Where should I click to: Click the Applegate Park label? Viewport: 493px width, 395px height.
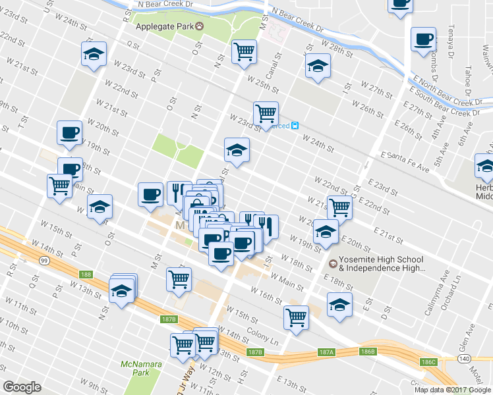click(164, 26)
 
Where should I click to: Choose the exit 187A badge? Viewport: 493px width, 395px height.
click(328, 353)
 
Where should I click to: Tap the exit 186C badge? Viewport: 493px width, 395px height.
click(429, 362)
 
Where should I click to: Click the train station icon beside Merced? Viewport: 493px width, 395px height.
click(296, 126)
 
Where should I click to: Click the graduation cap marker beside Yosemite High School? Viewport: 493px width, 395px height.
click(326, 232)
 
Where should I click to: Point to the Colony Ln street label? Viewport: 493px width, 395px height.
click(263, 333)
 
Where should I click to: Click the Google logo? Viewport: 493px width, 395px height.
click(22, 388)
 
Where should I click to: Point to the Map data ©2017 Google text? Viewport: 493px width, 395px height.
click(452, 390)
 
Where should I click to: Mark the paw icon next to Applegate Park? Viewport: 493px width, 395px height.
click(199, 26)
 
